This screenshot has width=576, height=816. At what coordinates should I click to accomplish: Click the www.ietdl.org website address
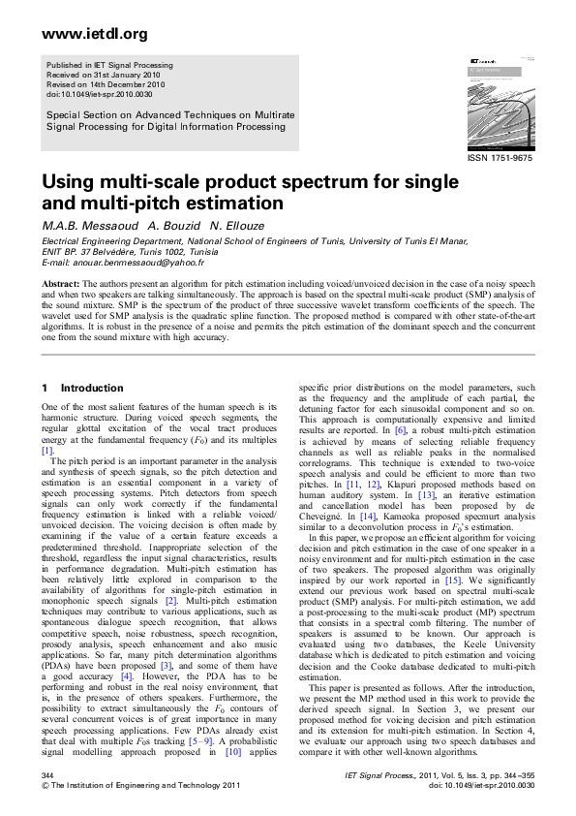[95, 34]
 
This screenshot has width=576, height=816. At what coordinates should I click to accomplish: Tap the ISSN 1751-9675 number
[500, 157]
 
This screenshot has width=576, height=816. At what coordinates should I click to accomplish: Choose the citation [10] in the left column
[232, 750]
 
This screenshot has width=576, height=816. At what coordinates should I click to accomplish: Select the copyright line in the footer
[133, 786]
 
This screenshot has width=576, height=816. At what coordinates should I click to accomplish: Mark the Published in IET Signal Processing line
[109, 65]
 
